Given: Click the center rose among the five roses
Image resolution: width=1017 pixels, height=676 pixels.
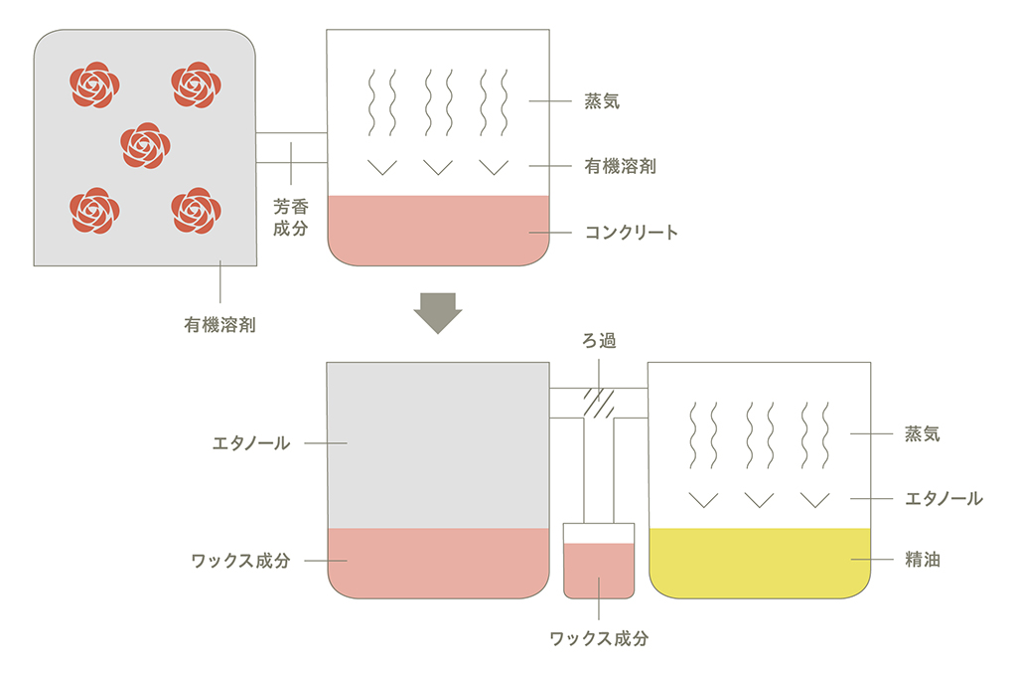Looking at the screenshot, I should click(x=145, y=145).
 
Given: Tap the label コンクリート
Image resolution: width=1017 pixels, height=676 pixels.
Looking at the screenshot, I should click(x=632, y=233).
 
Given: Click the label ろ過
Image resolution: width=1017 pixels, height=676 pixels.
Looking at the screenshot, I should click(x=599, y=341).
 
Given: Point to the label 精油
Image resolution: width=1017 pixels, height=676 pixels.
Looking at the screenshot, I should click(x=922, y=561).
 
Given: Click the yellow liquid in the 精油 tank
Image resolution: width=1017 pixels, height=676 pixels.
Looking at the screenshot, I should click(x=759, y=563).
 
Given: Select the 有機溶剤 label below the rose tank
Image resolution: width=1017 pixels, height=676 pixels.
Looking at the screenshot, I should click(x=219, y=324).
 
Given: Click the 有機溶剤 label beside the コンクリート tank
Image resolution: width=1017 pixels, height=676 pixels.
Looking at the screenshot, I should click(x=620, y=166).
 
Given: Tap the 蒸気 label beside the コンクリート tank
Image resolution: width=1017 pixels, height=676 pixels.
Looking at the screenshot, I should click(x=603, y=100).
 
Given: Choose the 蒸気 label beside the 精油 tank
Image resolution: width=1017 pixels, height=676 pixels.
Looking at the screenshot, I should click(x=922, y=433).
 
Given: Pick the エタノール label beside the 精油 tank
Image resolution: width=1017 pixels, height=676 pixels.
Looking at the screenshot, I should click(x=944, y=498).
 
